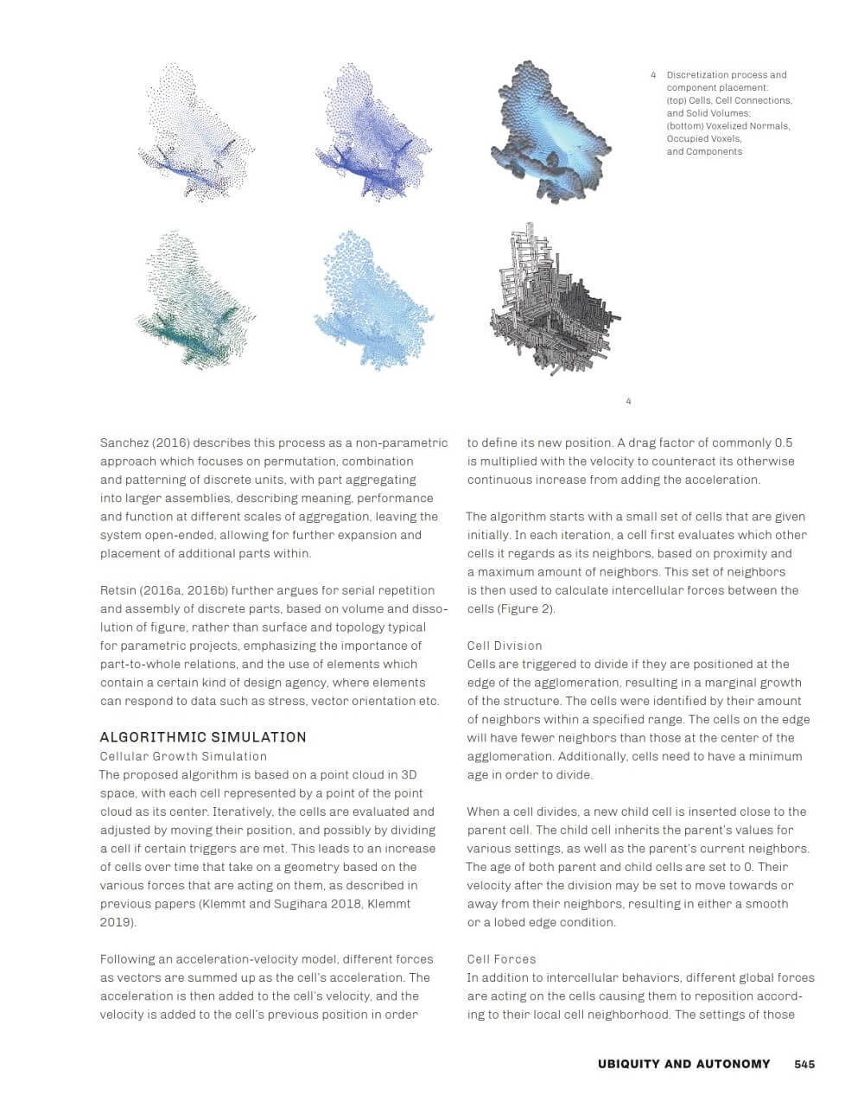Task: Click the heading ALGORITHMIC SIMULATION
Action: click(x=203, y=737)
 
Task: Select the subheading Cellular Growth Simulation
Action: click(x=183, y=756)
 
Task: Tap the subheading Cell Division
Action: click(x=505, y=646)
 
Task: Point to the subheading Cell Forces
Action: click(x=501, y=959)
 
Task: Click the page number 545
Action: click(x=804, y=1064)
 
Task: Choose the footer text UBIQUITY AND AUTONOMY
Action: click(x=683, y=1064)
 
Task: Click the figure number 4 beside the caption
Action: click(x=653, y=75)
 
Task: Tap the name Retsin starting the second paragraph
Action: click(x=119, y=590)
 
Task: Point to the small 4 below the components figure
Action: click(x=628, y=401)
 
